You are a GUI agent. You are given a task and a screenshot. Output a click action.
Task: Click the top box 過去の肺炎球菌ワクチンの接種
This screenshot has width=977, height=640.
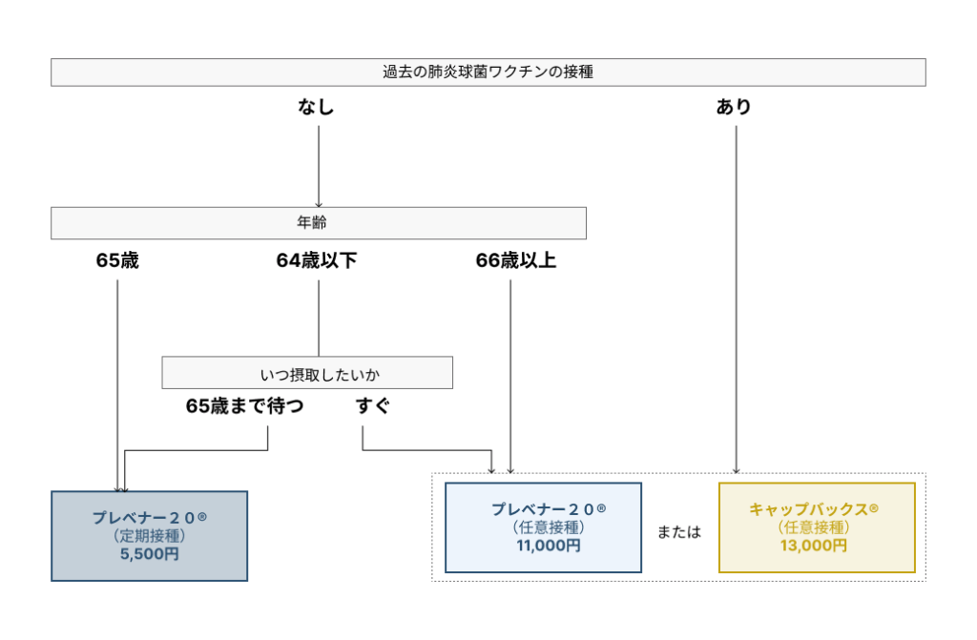[488, 72]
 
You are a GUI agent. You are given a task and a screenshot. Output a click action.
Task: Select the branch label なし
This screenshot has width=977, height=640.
[317, 108]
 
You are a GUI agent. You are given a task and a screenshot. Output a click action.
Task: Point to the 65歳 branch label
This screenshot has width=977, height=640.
[117, 261]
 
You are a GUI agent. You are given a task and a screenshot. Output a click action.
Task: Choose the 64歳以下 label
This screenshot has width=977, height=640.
[317, 261]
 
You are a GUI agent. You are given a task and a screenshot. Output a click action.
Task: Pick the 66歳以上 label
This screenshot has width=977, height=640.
[515, 261]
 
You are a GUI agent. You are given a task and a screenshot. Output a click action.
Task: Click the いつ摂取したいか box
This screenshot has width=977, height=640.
[306, 373]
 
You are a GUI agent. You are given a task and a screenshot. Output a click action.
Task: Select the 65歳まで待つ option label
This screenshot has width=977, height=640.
[244, 406]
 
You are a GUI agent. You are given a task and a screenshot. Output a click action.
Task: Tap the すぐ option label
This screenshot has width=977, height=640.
[373, 406]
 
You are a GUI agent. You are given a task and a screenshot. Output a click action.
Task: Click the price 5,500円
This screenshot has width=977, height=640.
[149, 553]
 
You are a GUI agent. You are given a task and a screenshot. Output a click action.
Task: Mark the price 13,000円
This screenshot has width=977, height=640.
[816, 546]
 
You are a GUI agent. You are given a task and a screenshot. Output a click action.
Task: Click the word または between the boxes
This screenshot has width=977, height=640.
[679, 532]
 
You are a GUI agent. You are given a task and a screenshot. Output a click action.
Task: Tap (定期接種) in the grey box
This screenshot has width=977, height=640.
[149, 535]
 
